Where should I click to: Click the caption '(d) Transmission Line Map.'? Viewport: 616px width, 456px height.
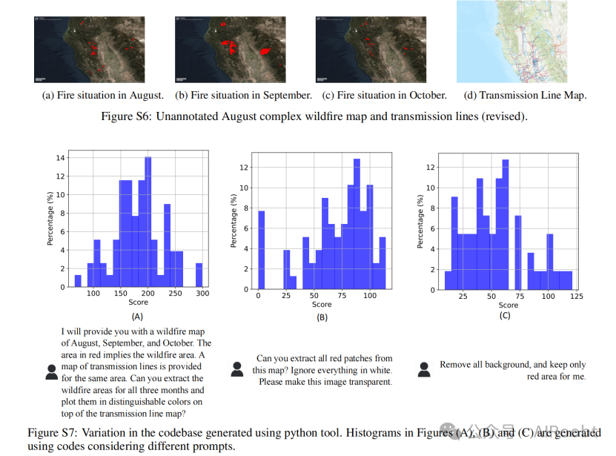point(525,95)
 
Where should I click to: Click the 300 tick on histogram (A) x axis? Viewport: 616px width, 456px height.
point(202,294)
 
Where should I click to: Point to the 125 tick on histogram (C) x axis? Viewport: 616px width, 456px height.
point(576,297)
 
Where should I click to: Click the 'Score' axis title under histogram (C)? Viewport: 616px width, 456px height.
point(509,305)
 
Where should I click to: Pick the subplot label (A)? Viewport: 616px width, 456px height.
point(138,316)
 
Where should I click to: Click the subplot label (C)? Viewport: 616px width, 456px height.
point(505,316)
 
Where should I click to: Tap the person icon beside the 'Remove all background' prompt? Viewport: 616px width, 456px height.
point(425,369)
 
